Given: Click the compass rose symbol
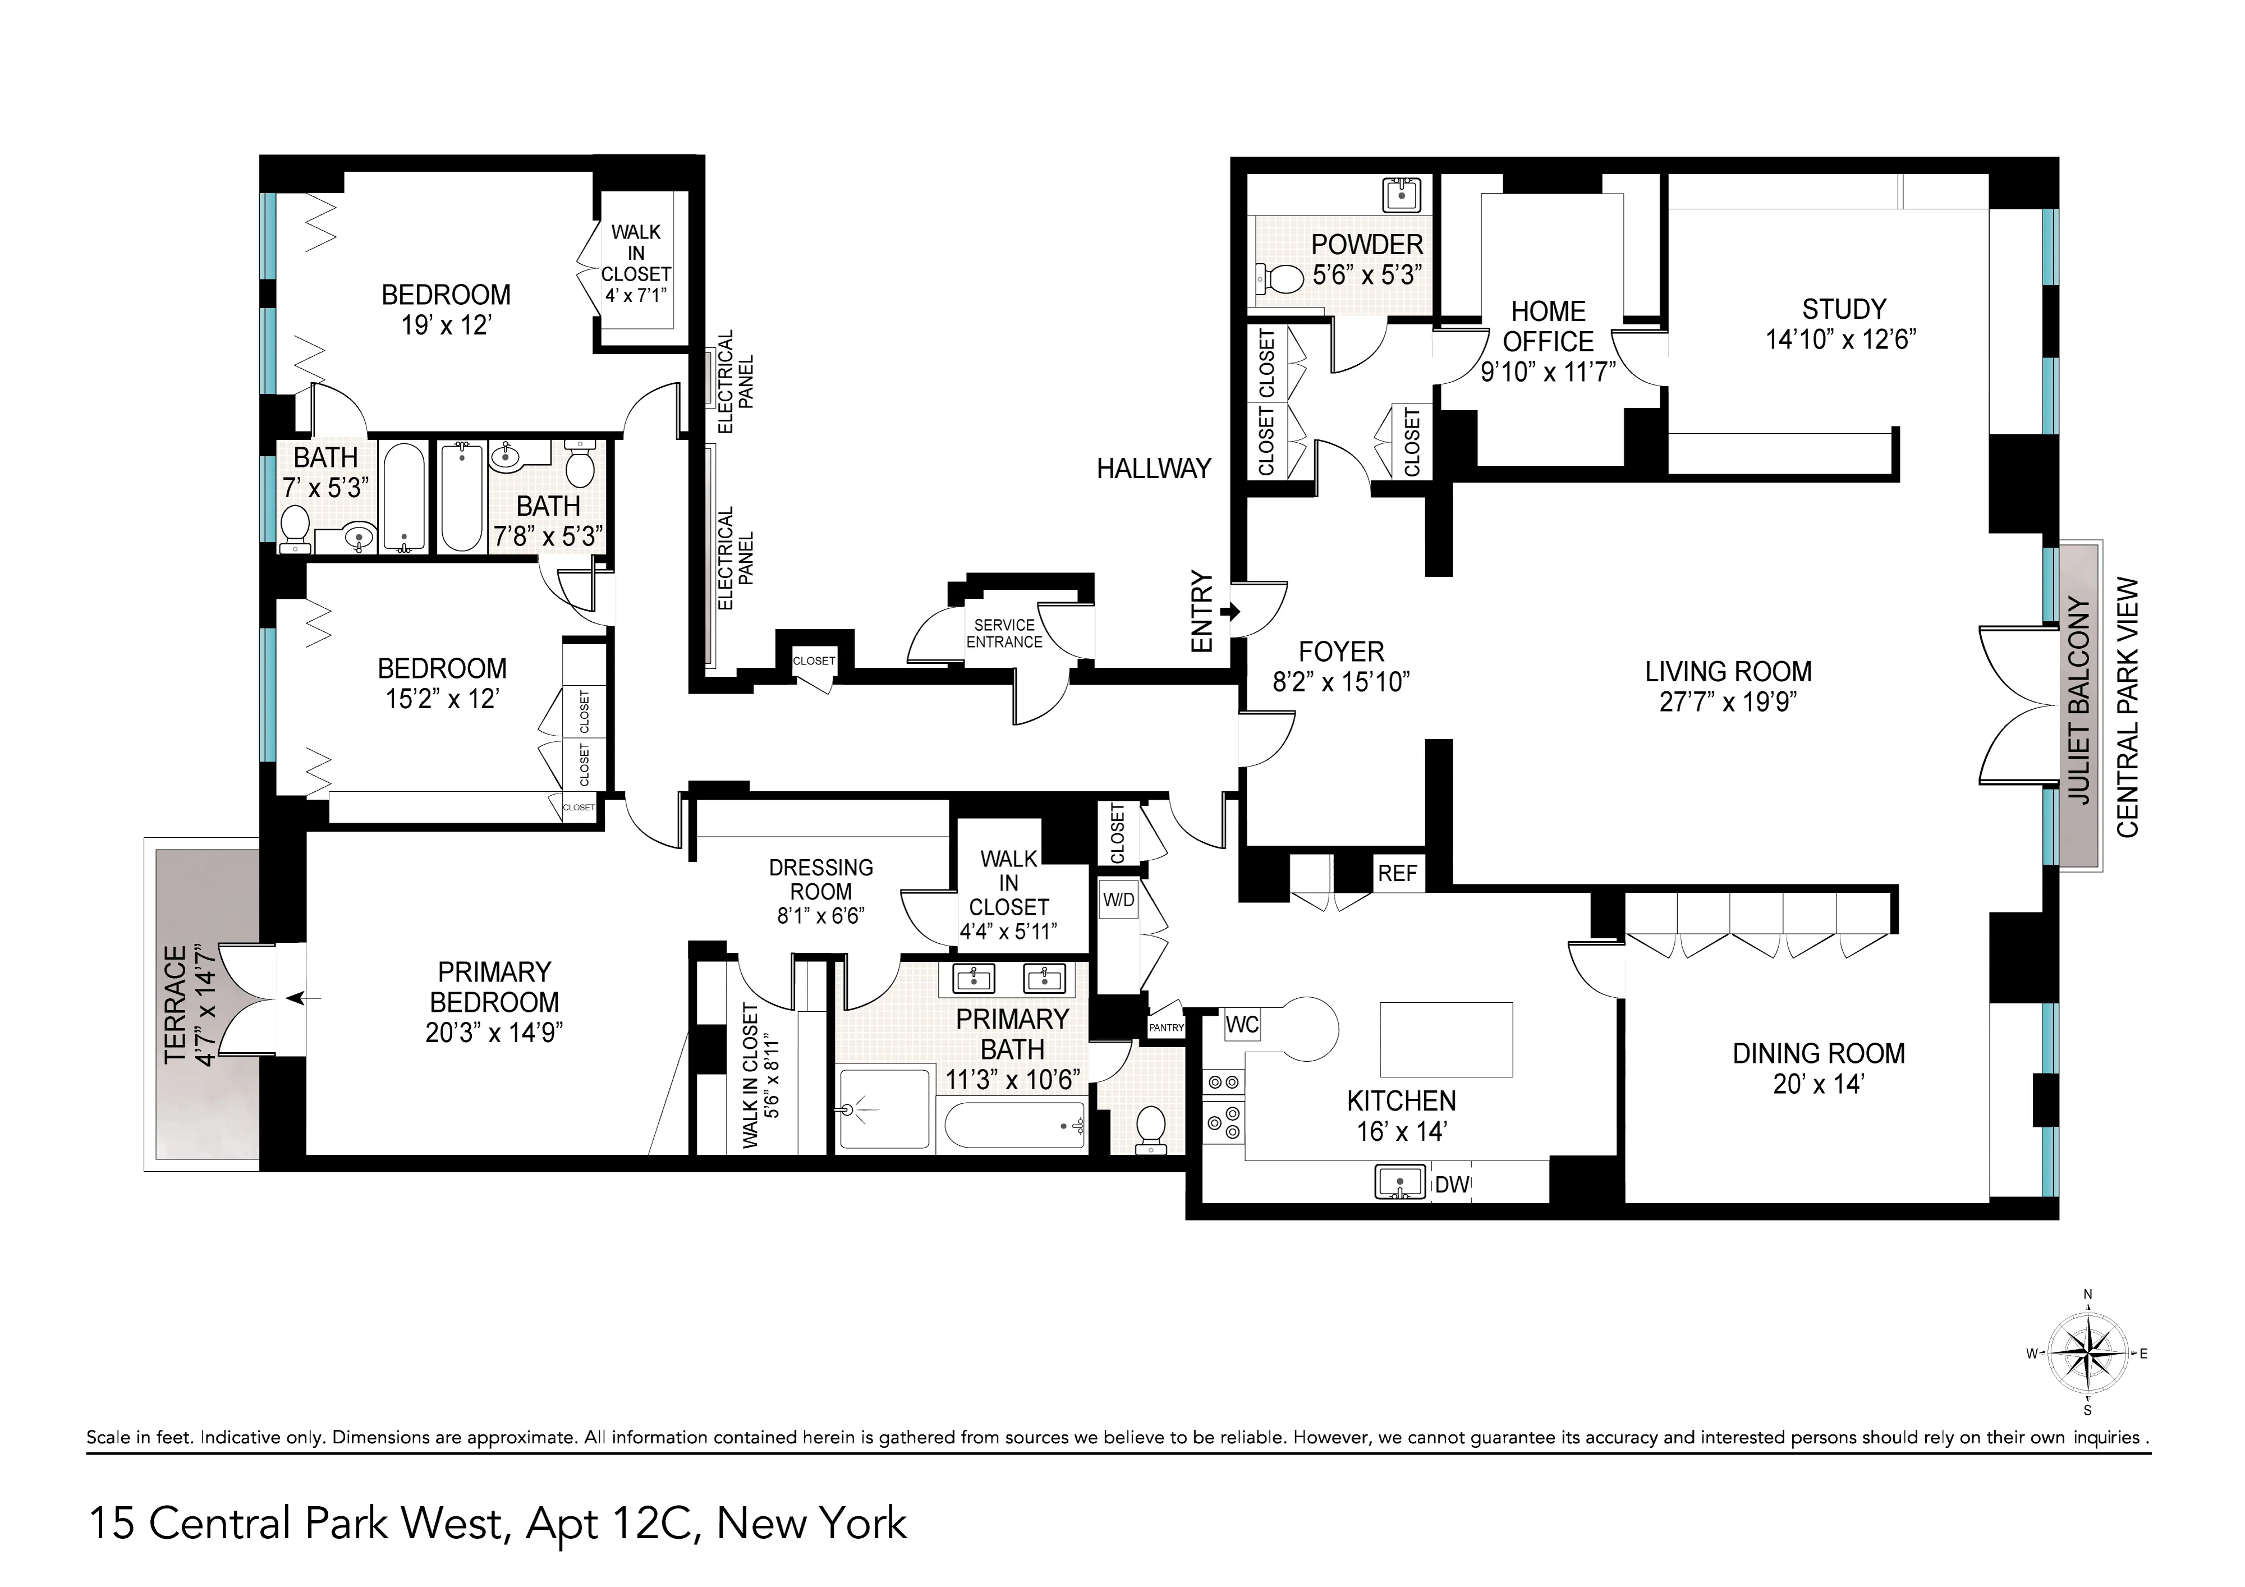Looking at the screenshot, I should pos(2087,1354).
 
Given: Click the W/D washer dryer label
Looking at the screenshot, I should pos(1119,900).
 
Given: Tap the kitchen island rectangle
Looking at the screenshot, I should pos(1446,1038).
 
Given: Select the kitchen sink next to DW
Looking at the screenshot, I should pos(1400,1182).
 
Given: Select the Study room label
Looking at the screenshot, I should pos(1843,309).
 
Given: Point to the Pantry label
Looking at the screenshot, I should pos(1167,1028).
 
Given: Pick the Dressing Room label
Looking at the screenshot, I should pos(820,879).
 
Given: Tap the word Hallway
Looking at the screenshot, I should pos(1153,469).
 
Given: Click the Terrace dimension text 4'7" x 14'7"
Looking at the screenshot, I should pos(203,1004).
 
